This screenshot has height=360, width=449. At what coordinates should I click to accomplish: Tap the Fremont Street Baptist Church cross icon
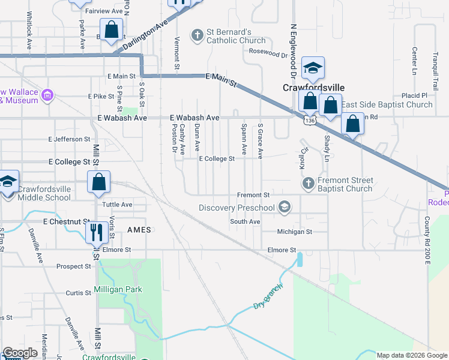pos(308,183)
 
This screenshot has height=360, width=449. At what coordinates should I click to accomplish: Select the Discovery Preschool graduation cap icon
pos(285,208)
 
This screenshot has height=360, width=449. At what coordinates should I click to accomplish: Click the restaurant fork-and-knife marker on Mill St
pos(96,230)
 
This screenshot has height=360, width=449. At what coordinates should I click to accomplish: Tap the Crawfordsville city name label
pos(308,87)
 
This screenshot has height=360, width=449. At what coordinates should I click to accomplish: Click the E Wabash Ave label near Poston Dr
pos(194,118)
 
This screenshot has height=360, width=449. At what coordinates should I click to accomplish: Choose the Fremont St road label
pos(253,195)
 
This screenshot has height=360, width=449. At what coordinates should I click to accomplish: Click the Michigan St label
pos(295,232)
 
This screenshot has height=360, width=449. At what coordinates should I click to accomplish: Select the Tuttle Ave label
pos(118,205)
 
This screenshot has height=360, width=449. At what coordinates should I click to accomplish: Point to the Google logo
pos(20,353)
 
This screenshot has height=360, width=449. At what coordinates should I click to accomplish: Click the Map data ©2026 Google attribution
pos(411,355)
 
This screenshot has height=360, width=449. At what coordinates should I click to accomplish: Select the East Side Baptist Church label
pos(387,104)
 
